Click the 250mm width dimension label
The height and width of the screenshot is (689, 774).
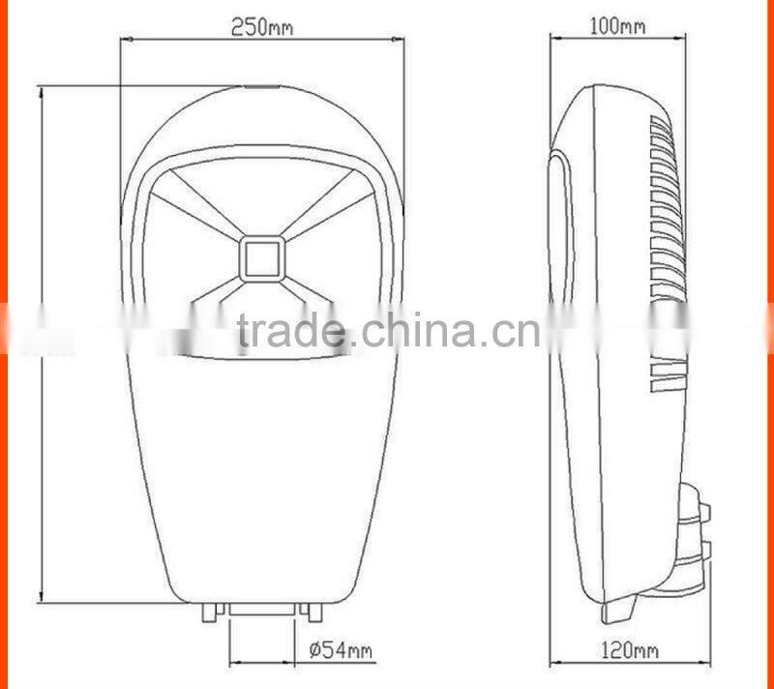(x=261, y=27)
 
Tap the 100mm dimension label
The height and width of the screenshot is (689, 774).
(x=617, y=26)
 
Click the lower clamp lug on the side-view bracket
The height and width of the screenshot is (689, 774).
(x=703, y=554)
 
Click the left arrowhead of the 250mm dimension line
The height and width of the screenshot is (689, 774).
(x=125, y=40)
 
